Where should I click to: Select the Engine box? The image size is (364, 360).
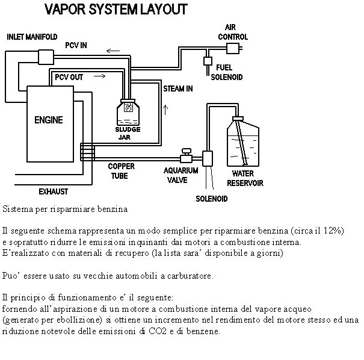click(48, 120)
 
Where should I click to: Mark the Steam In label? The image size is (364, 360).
click(178, 89)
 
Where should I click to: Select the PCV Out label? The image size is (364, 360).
click(69, 77)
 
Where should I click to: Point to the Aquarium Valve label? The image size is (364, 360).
click(180, 174)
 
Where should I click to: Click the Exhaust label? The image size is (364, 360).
click(53, 192)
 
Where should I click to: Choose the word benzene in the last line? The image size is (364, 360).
click(206, 332)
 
